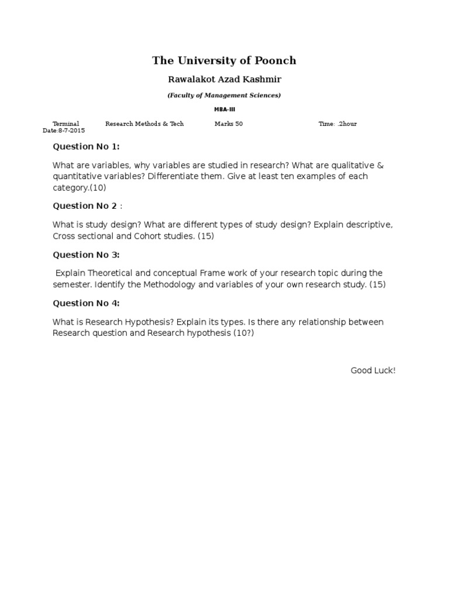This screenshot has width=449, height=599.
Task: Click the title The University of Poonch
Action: [224, 60]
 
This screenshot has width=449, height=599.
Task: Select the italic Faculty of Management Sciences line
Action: [224, 95]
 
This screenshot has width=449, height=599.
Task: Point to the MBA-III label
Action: [224, 109]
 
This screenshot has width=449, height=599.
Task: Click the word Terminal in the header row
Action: [65, 124]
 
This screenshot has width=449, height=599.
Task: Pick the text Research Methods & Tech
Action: [144, 124]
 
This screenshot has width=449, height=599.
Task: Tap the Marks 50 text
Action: [229, 124]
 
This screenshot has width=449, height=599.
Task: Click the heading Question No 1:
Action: [86, 147]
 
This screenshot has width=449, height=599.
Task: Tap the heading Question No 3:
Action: [86, 254]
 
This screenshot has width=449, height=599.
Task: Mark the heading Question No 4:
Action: [86, 303]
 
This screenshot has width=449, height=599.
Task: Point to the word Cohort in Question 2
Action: [150, 236]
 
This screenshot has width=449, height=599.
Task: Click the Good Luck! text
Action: [373, 370]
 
